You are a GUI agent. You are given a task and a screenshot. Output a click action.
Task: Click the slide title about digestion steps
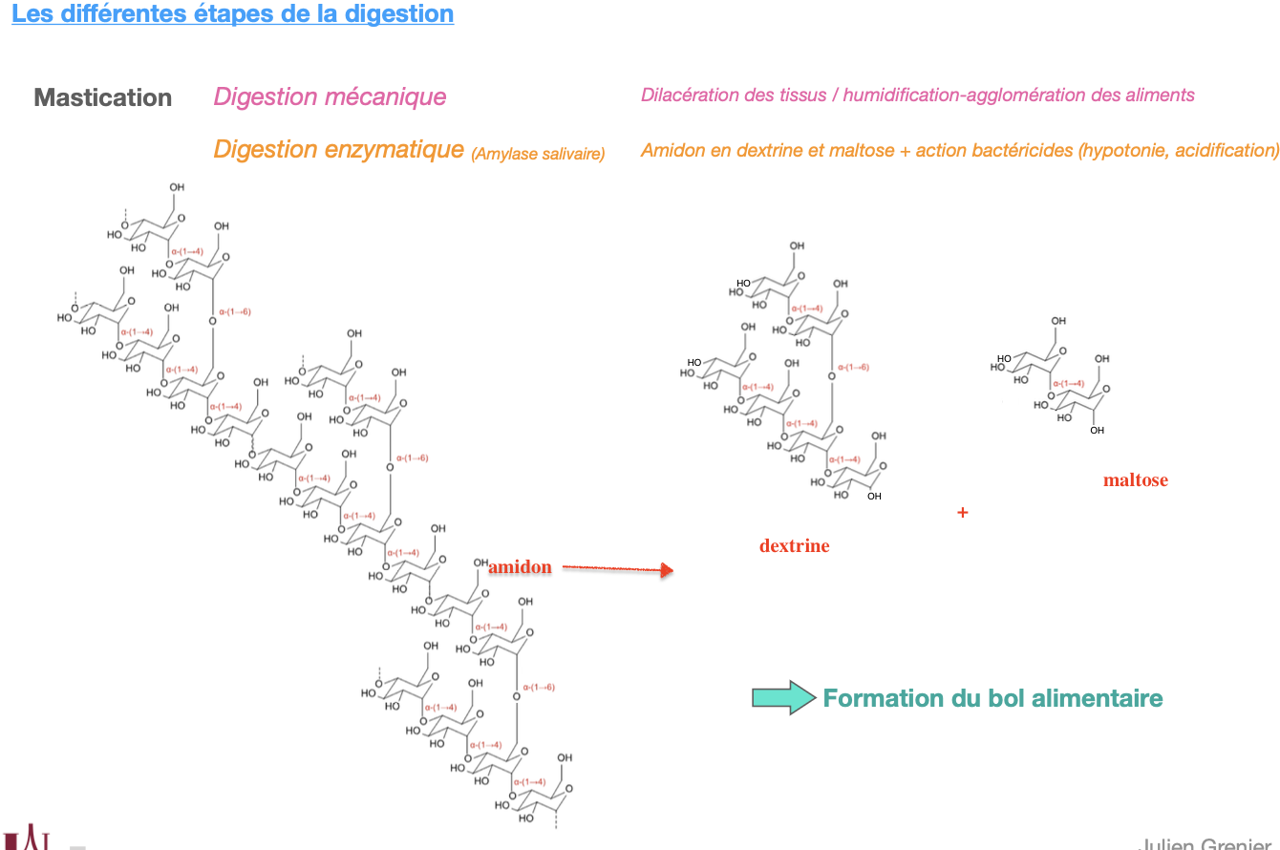pyautogui.click(x=232, y=14)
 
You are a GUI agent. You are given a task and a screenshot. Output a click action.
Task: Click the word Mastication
pyautogui.click(x=103, y=97)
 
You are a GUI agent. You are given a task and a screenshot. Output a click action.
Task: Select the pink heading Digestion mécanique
pyautogui.click(x=330, y=96)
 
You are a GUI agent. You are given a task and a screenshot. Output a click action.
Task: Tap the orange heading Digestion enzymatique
pyautogui.click(x=338, y=150)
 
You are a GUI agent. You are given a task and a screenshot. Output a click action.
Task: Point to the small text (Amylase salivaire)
pyautogui.click(x=538, y=154)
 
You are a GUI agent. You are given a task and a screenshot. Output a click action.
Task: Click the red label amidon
pyautogui.click(x=520, y=567)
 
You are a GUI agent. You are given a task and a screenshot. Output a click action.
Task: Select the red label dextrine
pyautogui.click(x=794, y=546)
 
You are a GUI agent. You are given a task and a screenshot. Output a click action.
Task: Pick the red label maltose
pyautogui.click(x=1135, y=480)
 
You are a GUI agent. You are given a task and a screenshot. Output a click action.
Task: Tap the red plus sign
pyautogui.click(x=962, y=513)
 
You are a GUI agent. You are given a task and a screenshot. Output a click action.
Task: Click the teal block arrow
pyautogui.click(x=783, y=698)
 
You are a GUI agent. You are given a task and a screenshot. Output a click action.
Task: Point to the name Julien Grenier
pyautogui.click(x=1205, y=841)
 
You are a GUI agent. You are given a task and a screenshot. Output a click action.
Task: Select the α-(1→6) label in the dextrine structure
pyautogui.click(x=852, y=368)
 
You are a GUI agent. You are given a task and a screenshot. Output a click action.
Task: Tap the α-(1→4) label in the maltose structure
pyautogui.click(x=1066, y=383)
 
